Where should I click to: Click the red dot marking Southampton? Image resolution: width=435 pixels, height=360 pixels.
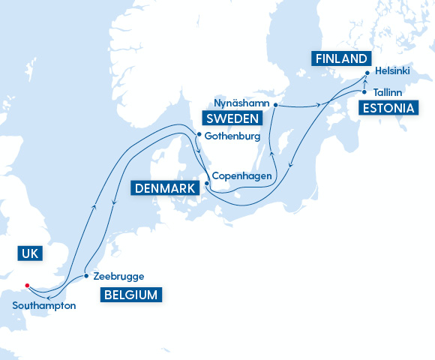27,285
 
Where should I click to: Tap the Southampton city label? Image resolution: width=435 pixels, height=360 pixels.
44,305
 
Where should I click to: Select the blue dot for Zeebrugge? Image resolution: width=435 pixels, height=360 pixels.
86,275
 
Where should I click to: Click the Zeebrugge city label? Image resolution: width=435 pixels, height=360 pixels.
118,276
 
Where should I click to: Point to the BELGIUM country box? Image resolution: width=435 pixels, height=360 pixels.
130,295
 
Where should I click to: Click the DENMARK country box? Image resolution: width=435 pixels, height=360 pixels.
167,187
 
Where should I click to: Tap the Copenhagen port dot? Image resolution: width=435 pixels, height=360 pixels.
207,183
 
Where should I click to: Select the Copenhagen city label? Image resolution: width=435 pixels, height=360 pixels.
241,176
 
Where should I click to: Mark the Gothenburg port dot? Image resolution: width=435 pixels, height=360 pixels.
198,136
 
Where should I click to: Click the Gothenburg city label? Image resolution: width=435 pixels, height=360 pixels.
232,136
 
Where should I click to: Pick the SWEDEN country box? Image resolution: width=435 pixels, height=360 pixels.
231,118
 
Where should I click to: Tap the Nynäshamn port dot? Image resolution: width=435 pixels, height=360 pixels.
275,104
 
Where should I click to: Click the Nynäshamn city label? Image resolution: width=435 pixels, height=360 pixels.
241,102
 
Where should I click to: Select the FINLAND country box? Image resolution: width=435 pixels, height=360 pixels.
341,58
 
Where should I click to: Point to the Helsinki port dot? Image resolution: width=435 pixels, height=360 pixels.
367,73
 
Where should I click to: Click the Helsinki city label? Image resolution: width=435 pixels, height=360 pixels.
392,76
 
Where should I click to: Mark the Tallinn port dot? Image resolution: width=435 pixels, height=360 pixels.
364,92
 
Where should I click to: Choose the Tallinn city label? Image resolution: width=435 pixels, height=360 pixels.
388,92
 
